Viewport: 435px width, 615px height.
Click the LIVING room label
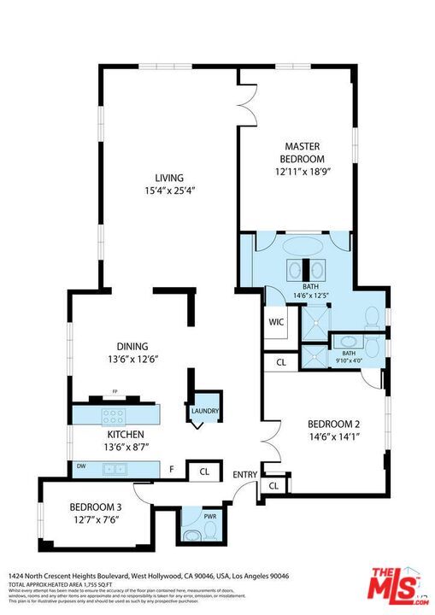click(x=168, y=178)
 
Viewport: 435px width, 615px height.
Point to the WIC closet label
click(x=276, y=323)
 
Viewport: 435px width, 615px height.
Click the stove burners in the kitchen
click(x=113, y=417)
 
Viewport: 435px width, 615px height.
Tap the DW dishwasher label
click(x=81, y=466)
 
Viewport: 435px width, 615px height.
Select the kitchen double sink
click(x=114, y=469)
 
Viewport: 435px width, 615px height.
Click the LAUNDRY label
click(x=205, y=412)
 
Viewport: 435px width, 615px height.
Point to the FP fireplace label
click(x=113, y=393)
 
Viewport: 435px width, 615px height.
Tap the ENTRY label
click(x=244, y=474)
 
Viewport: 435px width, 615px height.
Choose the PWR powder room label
click(x=210, y=518)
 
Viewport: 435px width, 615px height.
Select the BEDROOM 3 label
click(x=96, y=506)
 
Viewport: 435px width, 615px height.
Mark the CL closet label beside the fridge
click(x=204, y=471)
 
